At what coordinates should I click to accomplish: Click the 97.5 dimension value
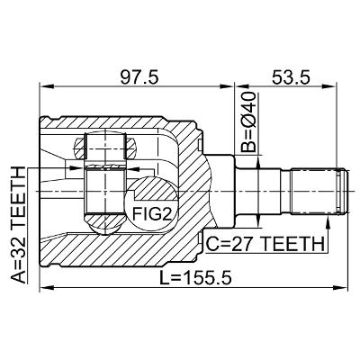point(139,78)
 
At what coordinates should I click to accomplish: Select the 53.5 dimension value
point(291,78)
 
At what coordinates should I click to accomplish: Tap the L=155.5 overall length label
point(195,277)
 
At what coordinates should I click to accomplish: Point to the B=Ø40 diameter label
point(249,122)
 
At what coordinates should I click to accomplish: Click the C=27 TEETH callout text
point(265,244)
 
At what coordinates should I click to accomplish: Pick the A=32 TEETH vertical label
point(18,225)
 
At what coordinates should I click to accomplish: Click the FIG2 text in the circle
point(152,214)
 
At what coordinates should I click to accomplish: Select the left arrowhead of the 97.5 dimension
point(47,86)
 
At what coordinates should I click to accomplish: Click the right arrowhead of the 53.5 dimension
point(329,86)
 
